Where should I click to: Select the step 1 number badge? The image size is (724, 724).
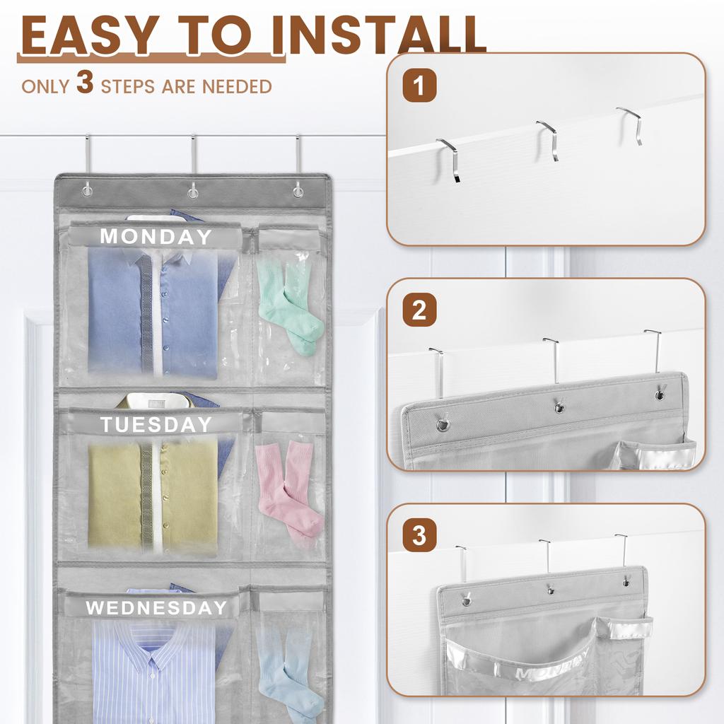[x=419, y=87]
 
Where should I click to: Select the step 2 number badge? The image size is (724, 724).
[x=419, y=311]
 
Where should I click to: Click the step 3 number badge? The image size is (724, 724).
[x=419, y=535]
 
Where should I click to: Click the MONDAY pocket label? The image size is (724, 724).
[x=156, y=237]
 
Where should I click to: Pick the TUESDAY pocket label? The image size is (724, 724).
[x=156, y=424]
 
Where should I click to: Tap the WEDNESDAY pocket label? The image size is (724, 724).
[x=156, y=607]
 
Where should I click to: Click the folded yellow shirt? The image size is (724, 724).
[x=152, y=495]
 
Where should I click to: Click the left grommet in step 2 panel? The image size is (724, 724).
[x=443, y=425]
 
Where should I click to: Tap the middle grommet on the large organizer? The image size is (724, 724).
[x=192, y=191]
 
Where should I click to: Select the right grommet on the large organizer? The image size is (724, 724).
[x=298, y=191]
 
